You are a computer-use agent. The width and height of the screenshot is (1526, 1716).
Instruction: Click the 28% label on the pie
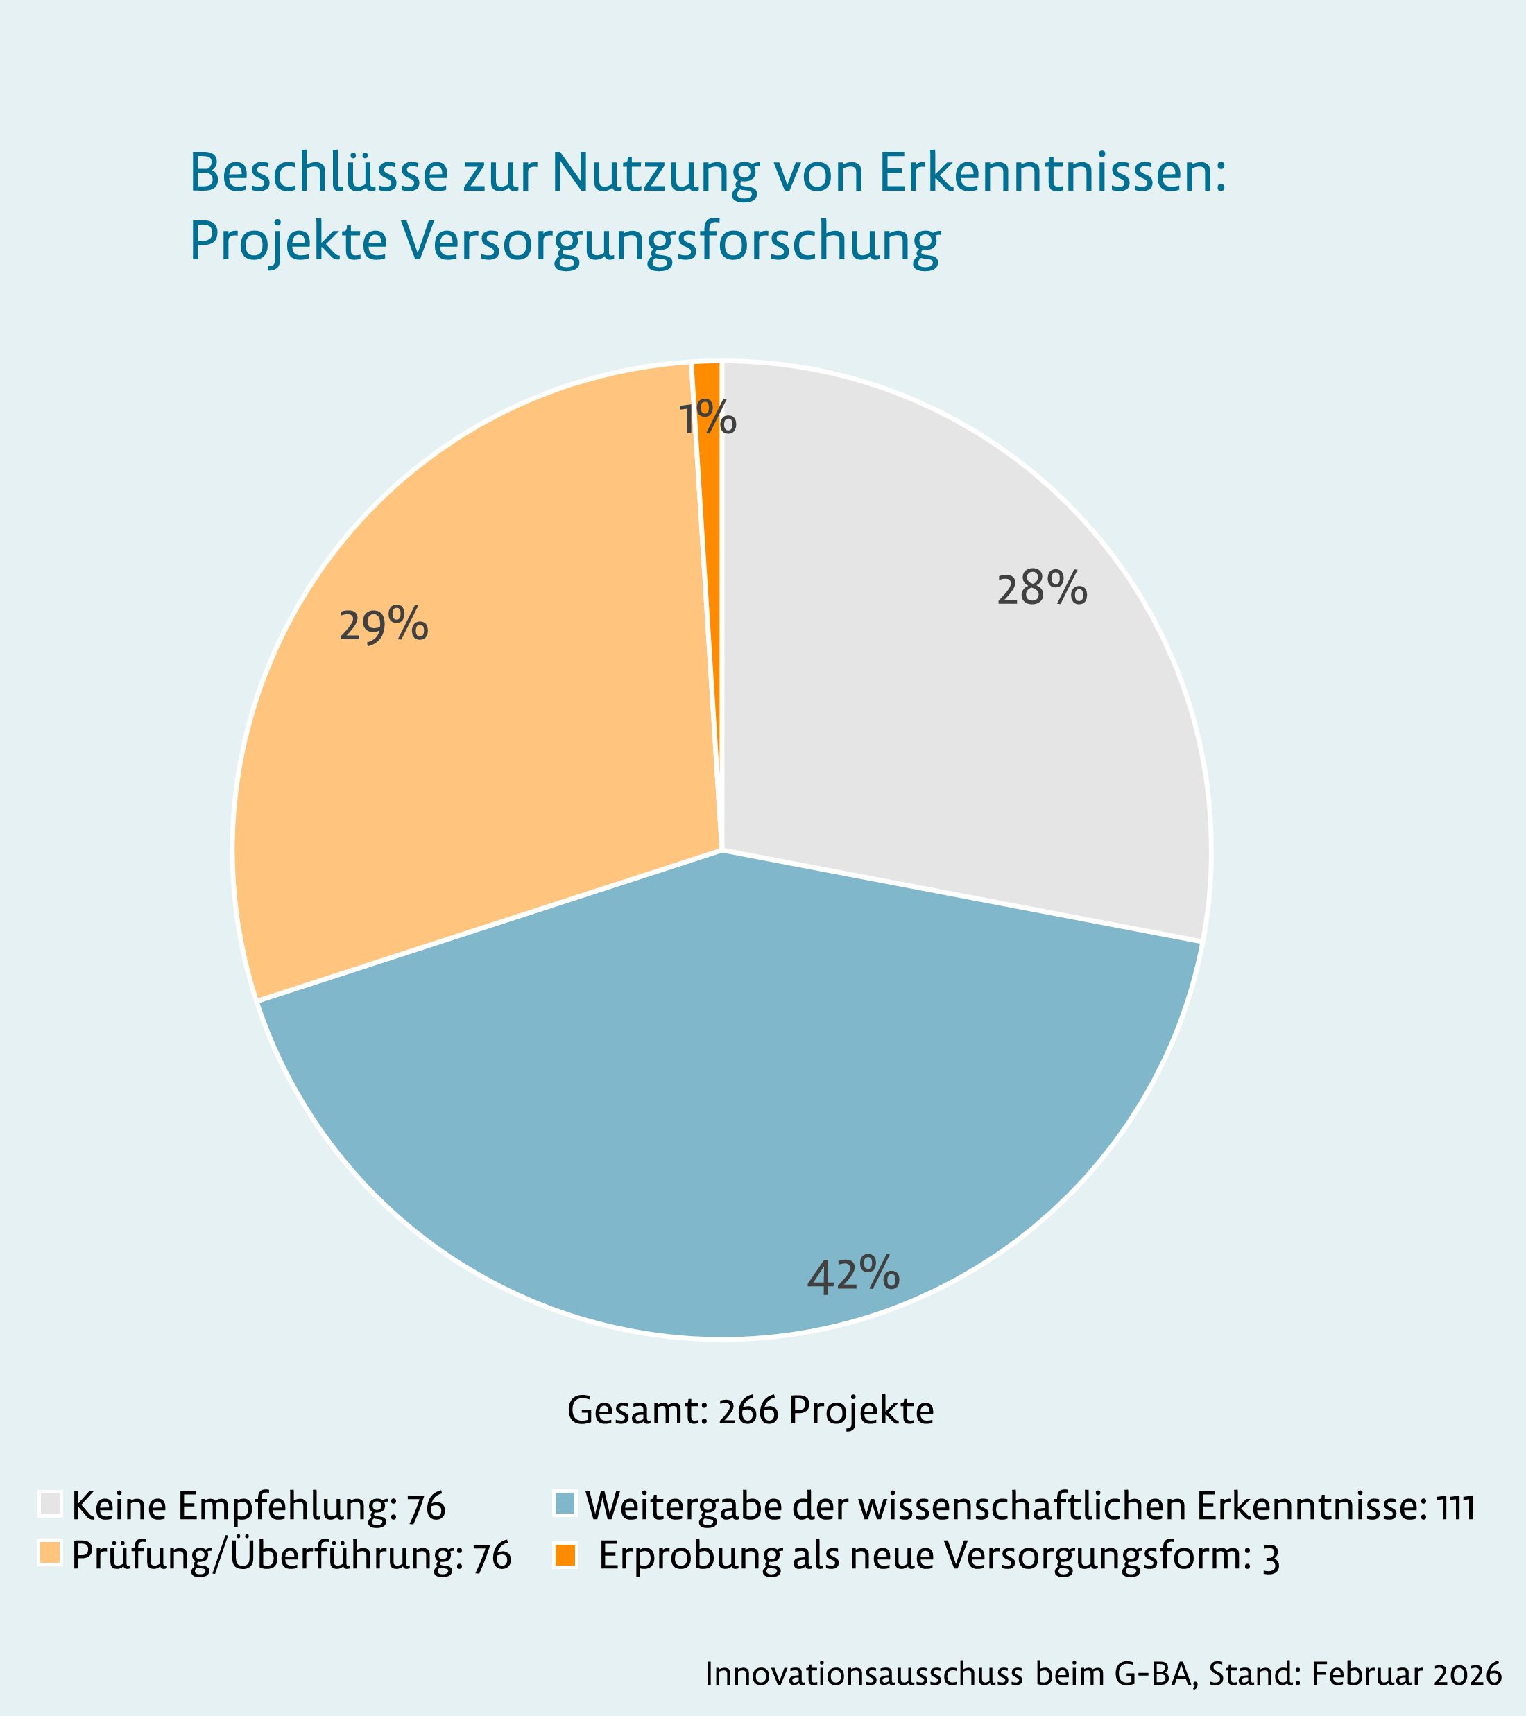tap(1041, 589)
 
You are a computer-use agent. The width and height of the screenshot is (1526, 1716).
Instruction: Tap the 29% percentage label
tap(384, 626)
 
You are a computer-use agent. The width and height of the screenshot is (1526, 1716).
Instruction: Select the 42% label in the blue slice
tap(852, 1274)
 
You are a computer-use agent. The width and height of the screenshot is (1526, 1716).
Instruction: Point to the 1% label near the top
tap(707, 419)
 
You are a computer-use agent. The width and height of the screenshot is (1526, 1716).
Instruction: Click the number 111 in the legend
tap(1455, 1506)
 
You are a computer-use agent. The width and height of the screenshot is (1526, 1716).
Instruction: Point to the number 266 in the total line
tap(748, 1410)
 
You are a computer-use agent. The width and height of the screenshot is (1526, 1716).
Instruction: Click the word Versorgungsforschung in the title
tap(670, 243)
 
